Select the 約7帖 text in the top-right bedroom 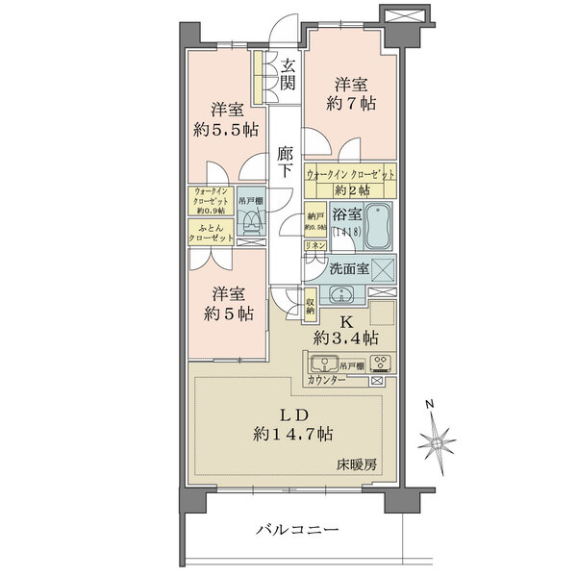349,104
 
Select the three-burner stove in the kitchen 380,364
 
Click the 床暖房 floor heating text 355,464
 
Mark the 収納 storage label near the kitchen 311,308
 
